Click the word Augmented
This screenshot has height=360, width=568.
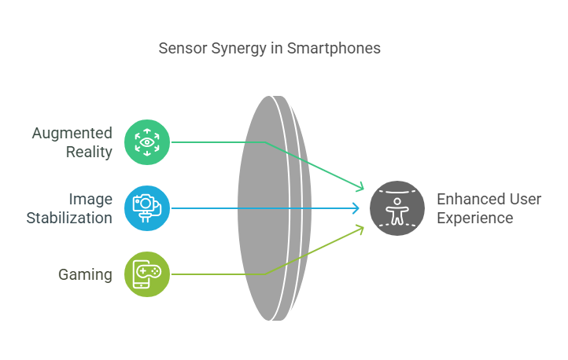(72, 133)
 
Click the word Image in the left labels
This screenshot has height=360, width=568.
(90, 199)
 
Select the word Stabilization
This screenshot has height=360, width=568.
(69, 218)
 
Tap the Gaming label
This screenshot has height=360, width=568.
(85, 274)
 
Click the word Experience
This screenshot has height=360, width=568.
(475, 218)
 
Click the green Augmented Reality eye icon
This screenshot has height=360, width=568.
(146, 142)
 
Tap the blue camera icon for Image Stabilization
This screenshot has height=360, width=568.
(146, 208)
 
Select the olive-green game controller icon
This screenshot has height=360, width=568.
(146, 274)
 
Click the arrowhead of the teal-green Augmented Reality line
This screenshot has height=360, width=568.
(362, 189)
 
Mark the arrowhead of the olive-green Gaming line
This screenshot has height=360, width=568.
(362, 228)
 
